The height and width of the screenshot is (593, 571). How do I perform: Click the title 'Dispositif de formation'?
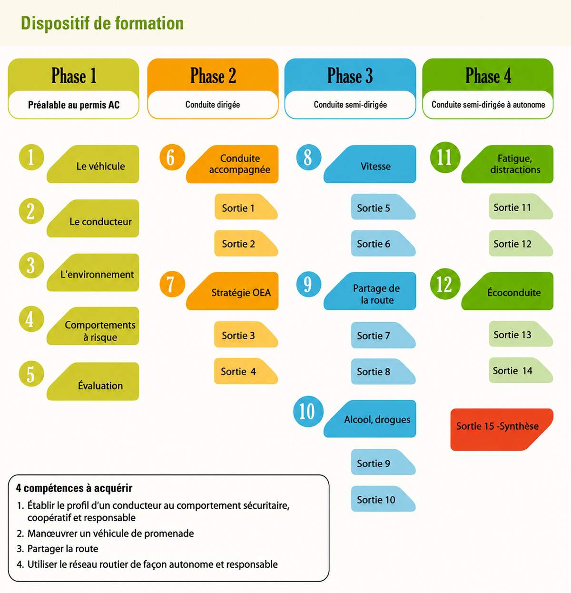click(102, 23)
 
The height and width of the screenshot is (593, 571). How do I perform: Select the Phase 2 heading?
click(213, 75)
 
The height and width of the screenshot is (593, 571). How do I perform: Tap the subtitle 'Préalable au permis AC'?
click(74, 105)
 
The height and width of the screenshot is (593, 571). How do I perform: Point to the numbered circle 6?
click(172, 157)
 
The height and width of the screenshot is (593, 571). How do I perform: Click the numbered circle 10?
click(308, 411)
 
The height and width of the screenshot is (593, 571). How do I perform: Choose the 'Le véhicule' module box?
click(93, 164)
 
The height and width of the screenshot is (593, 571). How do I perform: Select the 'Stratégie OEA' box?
click(232, 291)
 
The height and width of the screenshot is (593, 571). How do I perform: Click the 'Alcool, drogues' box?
click(370, 419)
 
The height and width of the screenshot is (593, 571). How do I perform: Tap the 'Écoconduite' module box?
click(507, 291)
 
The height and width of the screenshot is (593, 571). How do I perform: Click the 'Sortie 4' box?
click(246, 371)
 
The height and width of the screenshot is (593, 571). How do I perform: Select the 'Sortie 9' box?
click(384, 462)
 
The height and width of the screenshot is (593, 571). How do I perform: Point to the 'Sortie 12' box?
click(521, 243)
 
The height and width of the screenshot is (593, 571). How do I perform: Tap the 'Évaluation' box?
click(93, 381)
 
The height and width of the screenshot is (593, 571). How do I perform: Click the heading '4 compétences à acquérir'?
click(74, 488)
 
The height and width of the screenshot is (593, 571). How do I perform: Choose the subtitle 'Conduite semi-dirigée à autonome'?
click(488, 105)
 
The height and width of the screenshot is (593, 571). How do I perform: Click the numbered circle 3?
click(31, 265)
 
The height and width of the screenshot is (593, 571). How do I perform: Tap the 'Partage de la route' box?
click(370, 291)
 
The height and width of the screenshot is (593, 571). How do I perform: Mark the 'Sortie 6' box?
click(384, 243)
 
